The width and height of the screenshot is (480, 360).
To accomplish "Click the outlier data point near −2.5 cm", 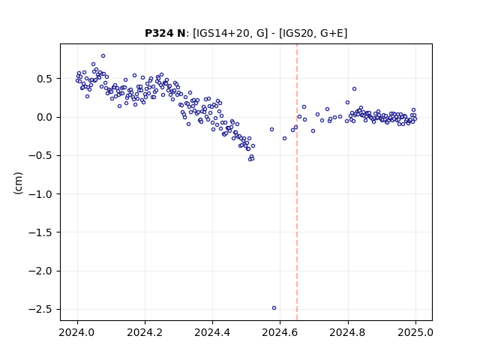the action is pyautogui.click(x=274, y=308).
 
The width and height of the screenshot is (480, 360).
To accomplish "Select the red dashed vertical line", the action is pyautogui.click(x=297, y=182).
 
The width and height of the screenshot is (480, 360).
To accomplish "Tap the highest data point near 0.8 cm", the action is pyautogui.click(x=103, y=55).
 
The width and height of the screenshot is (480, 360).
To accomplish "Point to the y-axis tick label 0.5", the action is pyautogui.click(x=45, y=79).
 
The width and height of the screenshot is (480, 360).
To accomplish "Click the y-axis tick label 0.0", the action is pyautogui.click(x=45, y=117).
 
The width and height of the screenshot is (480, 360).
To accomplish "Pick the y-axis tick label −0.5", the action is pyautogui.click(x=40, y=155).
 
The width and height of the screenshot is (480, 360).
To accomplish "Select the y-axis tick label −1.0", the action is pyautogui.click(x=40, y=194).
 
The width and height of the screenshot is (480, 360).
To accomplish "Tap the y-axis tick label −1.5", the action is pyautogui.click(x=40, y=232).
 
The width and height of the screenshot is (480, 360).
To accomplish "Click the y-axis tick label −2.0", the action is pyautogui.click(x=40, y=271).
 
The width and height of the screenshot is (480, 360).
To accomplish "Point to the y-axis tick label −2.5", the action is pyautogui.click(x=40, y=310).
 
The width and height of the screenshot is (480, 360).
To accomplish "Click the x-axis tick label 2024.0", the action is pyautogui.click(x=77, y=332).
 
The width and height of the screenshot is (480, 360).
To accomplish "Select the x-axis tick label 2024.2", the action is pyautogui.click(x=145, y=332).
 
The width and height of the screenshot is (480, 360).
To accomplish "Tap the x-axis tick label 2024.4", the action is pyautogui.click(x=212, y=332).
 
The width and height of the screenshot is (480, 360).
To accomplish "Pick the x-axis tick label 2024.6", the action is pyautogui.click(x=280, y=332).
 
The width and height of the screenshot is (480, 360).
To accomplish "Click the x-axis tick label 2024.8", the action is pyautogui.click(x=348, y=332).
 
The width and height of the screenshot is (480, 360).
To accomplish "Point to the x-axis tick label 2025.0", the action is pyautogui.click(x=415, y=332).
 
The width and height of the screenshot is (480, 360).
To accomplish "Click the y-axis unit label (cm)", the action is pyautogui.click(x=18, y=182).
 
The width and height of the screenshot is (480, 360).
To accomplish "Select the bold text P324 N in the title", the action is pyautogui.click(x=165, y=33).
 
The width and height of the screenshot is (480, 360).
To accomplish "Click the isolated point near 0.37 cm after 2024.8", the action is pyautogui.click(x=354, y=88).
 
